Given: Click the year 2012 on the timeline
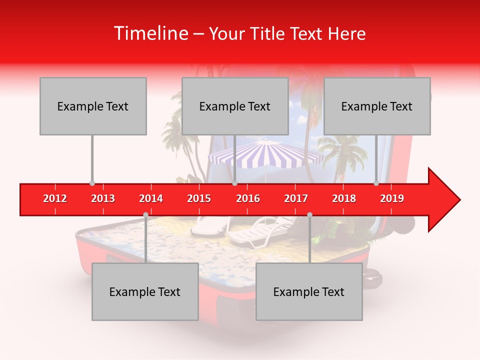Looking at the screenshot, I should [x=55, y=198].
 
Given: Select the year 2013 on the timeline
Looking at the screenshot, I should [x=103, y=198].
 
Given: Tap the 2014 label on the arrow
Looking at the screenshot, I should [x=151, y=198].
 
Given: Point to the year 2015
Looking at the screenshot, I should [x=199, y=198].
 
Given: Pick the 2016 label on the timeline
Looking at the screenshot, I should [x=248, y=198].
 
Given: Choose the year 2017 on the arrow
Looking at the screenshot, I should [x=296, y=198].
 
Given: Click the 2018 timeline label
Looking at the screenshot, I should [x=344, y=198].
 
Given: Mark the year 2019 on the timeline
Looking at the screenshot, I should [x=392, y=198].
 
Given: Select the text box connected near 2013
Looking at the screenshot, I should [x=93, y=106].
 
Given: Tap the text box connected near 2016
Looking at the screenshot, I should [x=235, y=106].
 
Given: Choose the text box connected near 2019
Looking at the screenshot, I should [x=377, y=106].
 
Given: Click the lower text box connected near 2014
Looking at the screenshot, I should [x=145, y=291].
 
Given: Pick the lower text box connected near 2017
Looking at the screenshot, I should [x=309, y=291].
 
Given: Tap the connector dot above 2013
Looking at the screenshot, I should [x=92, y=183].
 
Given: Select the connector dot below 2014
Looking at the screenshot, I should [x=145, y=214].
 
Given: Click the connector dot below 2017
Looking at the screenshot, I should [x=309, y=214].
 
